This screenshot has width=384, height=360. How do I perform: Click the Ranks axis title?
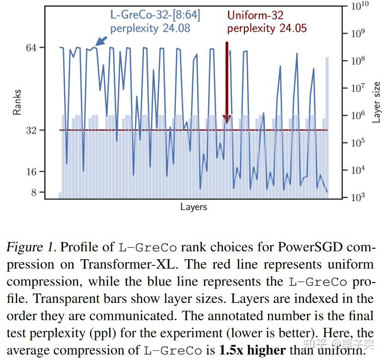click(x=17, y=102)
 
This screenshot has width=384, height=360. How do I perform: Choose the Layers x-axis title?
click(x=193, y=207)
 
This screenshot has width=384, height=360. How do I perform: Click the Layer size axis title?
click(x=376, y=102)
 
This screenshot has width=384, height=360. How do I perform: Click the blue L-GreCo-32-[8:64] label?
click(x=155, y=15)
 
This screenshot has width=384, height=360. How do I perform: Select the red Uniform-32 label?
click(x=255, y=15)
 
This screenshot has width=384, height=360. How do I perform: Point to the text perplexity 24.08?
click(x=150, y=28)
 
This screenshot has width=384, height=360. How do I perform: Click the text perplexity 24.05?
click(x=267, y=28)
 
